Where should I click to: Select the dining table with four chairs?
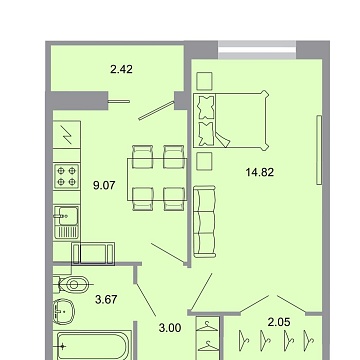click(x=159, y=174)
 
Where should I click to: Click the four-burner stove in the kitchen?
click(x=67, y=178)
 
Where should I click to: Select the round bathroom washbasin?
click(x=67, y=311)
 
